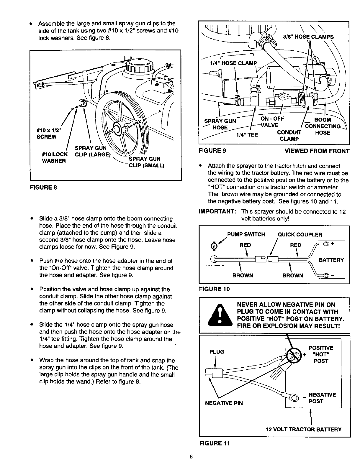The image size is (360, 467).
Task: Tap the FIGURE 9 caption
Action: point(212,151)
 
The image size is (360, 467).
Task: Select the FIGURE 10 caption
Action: point(214,289)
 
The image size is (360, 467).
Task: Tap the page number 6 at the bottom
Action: point(191,457)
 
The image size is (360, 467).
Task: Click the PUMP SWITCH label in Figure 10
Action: point(246,235)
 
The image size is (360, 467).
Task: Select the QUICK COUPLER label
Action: point(300,235)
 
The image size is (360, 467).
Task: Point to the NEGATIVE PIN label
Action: point(224,403)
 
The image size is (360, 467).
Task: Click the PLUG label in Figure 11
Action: point(217,352)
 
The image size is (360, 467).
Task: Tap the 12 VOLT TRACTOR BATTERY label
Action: point(304,429)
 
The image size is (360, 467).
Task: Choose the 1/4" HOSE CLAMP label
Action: point(233,63)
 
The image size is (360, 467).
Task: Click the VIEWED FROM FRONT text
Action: point(317,151)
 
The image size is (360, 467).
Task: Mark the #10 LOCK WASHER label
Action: point(55,157)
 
